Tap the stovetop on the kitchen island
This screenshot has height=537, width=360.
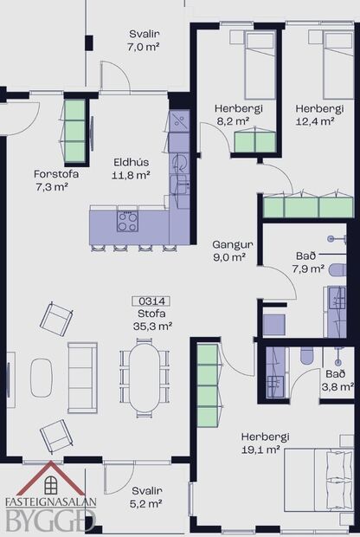pos(127,221)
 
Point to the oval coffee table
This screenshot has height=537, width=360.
pos(42,378)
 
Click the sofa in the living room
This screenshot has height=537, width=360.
pos(83,378)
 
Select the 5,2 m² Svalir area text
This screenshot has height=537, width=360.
pos(146,502)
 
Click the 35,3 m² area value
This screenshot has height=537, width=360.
pos(151,327)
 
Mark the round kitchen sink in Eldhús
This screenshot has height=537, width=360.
pos(180,162)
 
